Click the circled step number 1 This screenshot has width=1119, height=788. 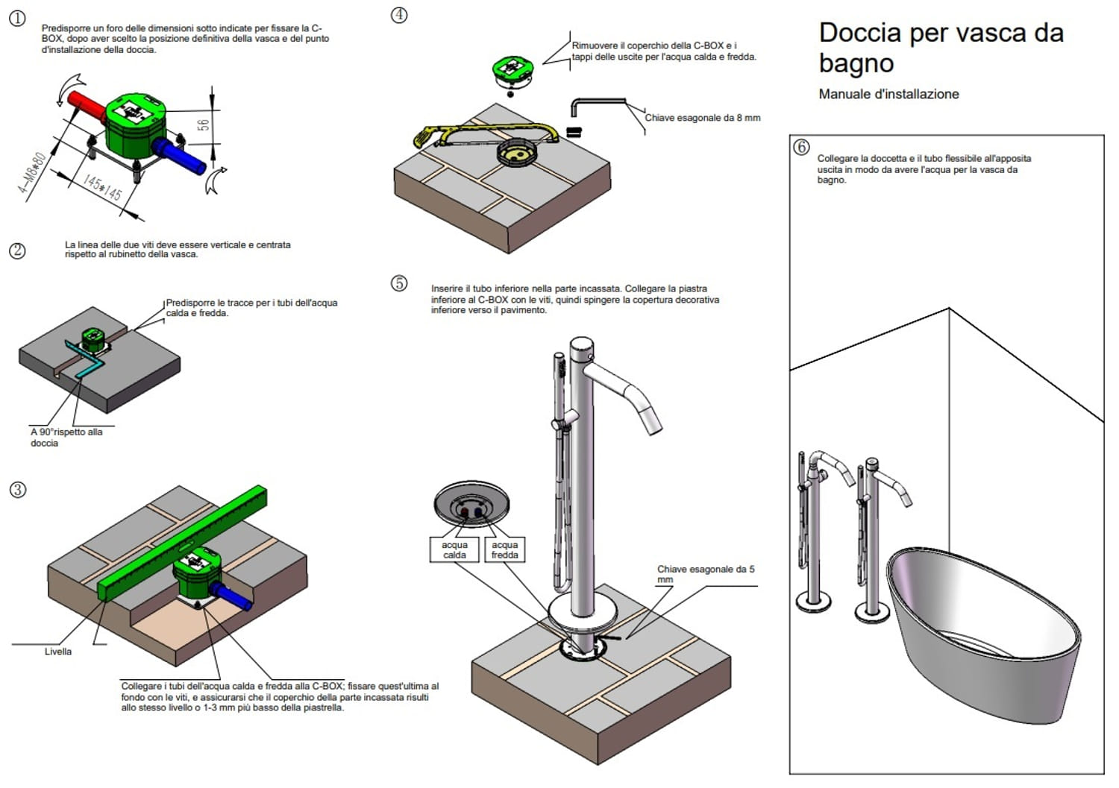17,19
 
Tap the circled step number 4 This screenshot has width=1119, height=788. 399,15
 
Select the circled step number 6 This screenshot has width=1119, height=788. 801,147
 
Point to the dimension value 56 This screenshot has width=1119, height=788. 203,125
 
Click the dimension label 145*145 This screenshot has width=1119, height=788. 102,188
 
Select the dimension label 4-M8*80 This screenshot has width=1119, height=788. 32,173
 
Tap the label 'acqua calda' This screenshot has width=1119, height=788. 454,549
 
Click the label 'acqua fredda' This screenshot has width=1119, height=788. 504,549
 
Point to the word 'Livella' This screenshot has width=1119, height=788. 57,652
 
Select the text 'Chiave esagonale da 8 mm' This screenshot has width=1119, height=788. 702,118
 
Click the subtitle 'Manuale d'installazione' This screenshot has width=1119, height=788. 888,94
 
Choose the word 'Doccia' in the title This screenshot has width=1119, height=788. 859,33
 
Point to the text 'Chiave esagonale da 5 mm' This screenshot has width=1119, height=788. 705,573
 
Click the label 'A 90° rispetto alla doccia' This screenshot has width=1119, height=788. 66,437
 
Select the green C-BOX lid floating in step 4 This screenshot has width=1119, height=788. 512,70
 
